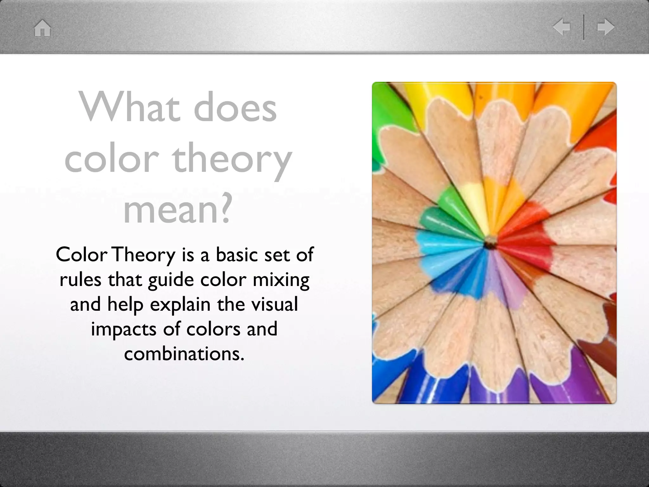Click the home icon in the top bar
coord(42,28)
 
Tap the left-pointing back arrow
coord(562,27)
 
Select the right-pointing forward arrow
coord(606,27)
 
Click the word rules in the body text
coord(80,279)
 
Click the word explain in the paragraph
coord(180,305)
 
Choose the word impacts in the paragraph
coord(124,329)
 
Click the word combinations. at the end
coord(184,354)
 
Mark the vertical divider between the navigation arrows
coord(583,27)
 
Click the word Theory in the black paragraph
coord(144,255)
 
